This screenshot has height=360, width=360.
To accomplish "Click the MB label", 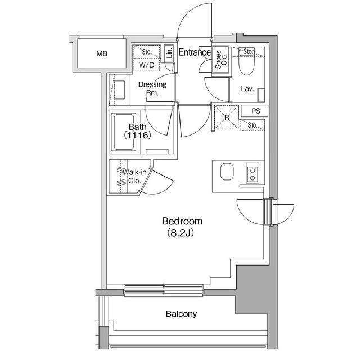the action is (102, 54).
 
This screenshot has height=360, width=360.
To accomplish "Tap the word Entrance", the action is (195, 52).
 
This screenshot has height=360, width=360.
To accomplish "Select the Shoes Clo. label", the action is (221, 59).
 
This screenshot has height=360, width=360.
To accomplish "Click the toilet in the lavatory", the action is (246, 61).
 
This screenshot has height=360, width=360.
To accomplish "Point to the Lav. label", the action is (247, 89).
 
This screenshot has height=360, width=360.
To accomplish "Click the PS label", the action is (256, 111).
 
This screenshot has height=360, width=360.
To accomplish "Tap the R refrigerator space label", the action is (227, 118).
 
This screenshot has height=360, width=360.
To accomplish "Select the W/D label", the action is (146, 65).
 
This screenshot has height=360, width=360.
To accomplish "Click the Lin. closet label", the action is (170, 53).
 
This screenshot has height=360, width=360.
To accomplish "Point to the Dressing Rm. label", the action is (152, 88).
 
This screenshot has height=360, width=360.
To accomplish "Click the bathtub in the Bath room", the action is (124, 132).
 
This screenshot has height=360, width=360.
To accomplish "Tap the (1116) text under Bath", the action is (137, 136).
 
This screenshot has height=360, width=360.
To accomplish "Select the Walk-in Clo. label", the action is (134, 176).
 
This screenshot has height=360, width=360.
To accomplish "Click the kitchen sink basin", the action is (227, 171).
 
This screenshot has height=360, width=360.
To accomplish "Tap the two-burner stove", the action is (253, 174).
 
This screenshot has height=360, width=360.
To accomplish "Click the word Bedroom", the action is (182, 221).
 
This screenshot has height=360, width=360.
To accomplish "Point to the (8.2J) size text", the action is (180, 233).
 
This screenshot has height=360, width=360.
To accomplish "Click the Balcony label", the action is (181, 314).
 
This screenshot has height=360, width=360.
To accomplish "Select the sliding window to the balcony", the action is (164, 290).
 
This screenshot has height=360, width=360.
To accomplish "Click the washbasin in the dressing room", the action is (119, 89).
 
